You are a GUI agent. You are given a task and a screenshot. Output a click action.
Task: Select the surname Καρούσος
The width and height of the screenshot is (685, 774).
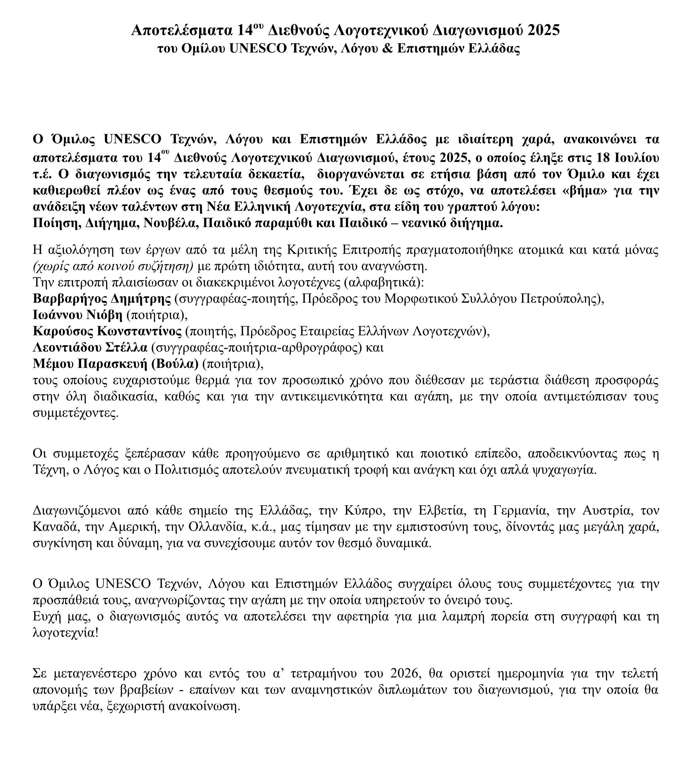point(63,331)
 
